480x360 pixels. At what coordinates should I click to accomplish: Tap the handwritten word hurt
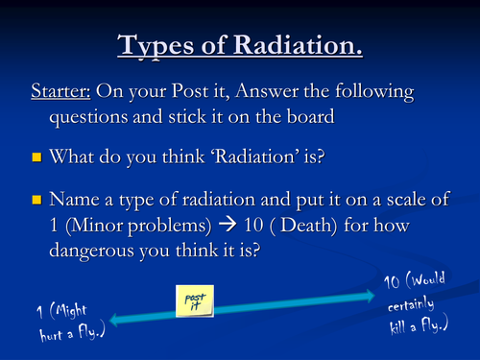coord(36,337)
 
